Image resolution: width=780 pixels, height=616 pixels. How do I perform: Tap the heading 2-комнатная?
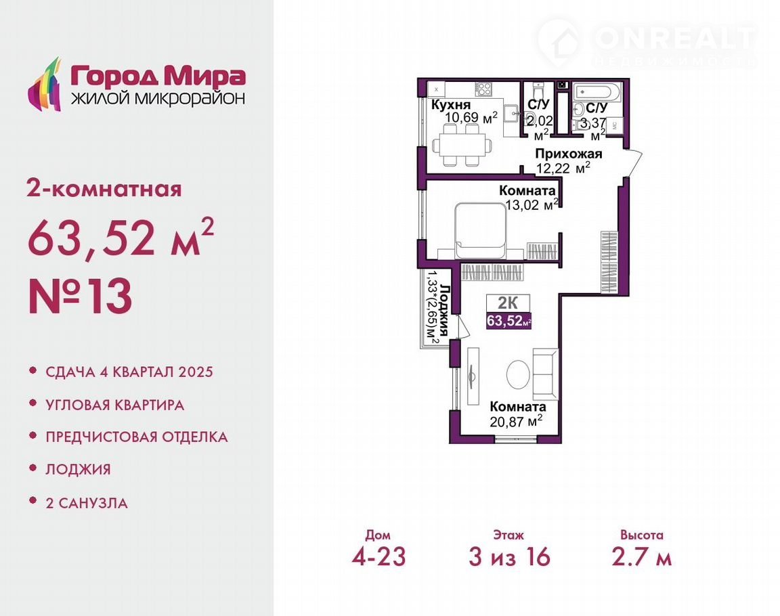[104, 190]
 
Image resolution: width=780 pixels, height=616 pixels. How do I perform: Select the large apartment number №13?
[80, 296]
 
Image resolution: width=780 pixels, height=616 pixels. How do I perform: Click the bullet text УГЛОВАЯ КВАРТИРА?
[115, 405]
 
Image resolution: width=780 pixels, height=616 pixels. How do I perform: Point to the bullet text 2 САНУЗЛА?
[87, 503]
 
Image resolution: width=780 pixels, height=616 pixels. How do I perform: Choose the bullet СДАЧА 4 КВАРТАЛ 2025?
[129, 372]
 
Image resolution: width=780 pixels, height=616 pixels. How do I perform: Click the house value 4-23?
[378, 557]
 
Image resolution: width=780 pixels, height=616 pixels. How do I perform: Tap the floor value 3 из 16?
[509, 557]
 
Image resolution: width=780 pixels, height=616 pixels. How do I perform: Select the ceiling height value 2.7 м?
[642, 557]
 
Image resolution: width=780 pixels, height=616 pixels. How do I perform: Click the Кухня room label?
[451, 105]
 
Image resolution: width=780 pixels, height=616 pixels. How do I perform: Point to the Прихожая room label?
[569, 154]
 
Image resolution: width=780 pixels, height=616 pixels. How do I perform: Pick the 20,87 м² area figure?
[516, 421]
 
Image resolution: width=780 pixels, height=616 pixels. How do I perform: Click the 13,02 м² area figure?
[532, 204]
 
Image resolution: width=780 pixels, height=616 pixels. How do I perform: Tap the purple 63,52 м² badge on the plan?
[509, 321]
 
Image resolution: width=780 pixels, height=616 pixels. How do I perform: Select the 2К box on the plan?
[508, 303]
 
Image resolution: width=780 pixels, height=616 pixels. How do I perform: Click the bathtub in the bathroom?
[596, 92]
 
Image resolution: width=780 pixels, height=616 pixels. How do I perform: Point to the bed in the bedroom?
[481, 231]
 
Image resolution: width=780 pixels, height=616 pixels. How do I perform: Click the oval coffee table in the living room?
[519, 374]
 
